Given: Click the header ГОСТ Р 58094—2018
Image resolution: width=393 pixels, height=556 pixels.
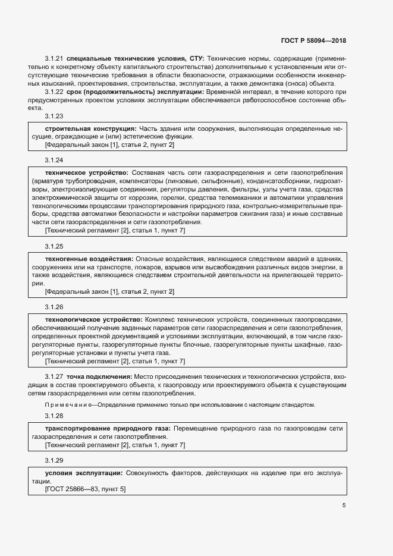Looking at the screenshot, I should [x=313, y=41].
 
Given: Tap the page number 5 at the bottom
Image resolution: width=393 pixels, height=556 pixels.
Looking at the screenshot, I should [x=344, y=505].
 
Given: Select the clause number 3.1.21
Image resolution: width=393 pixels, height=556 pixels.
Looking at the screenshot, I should [x=54, y=59].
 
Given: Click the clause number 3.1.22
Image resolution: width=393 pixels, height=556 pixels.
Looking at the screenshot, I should [x=54, y=92].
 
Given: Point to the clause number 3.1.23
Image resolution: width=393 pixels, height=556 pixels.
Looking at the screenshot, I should [x=54, y=116].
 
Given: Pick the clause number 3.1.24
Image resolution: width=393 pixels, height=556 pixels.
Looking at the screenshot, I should [x=54, y=160].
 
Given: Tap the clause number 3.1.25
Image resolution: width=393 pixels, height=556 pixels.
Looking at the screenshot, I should [x=54, y=246].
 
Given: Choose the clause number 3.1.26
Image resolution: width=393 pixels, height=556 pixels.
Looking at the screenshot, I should [x=54, y=306].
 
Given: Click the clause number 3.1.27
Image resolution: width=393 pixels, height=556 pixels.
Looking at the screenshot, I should [x=54, y=377].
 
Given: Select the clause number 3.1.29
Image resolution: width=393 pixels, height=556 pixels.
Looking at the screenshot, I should [x=54, y=460].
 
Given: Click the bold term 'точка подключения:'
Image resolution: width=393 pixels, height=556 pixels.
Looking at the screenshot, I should [x=99, y=377].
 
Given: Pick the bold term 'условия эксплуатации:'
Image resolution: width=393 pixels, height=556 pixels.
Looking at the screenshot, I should [x=84, y=473].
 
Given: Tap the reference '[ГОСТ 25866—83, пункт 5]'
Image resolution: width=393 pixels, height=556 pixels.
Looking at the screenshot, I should [x=85, y=489].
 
